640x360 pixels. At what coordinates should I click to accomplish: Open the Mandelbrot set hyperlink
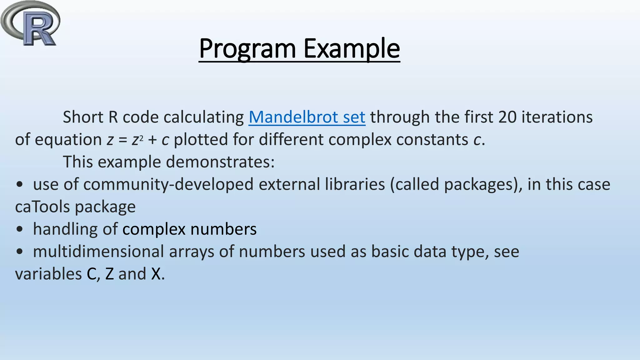(x=307, y=117)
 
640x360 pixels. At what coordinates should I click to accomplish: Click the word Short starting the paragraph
(x=83, y=117)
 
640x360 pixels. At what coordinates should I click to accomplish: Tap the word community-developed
(x=168, y=184)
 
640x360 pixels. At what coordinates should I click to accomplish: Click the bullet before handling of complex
(x=20, y=230)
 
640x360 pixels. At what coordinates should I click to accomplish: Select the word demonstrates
(x=220, y=162)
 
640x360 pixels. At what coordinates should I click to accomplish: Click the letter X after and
(x=156, y=274)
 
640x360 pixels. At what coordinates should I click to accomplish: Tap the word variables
(x=48, y=274)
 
